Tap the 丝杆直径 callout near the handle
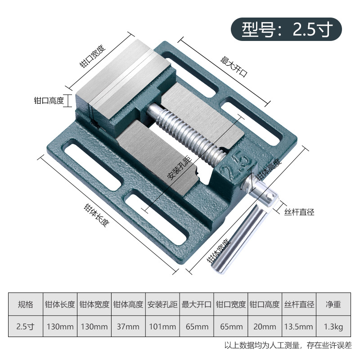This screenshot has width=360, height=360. pos(298,211)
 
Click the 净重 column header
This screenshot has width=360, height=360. pos(333,304)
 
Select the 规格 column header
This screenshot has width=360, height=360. pos(25,304)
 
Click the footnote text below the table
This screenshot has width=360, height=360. pos(288,346)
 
